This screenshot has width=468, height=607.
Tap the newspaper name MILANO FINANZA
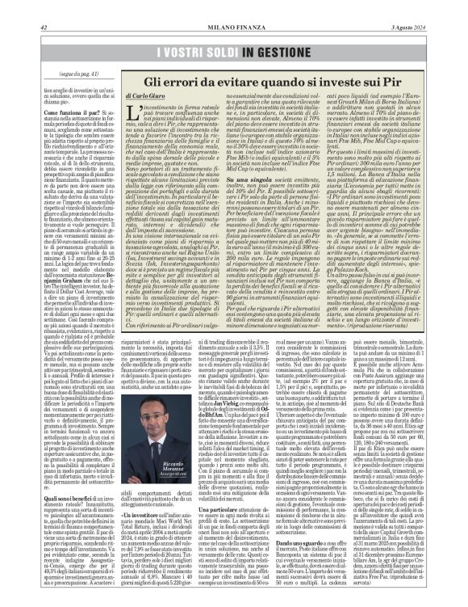(x=234, y=8)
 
